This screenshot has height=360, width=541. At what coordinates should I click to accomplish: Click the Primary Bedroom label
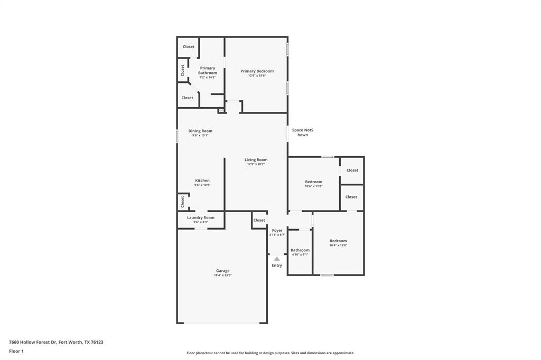coord(257,71)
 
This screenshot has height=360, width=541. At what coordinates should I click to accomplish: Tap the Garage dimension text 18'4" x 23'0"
coord(222,275)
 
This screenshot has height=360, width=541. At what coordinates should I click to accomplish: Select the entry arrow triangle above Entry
coord(277,259)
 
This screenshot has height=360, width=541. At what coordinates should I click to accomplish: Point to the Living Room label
coord(256,159)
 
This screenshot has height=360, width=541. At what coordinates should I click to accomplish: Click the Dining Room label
coord(200,131)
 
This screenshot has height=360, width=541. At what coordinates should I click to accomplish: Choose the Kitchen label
coord(202,181)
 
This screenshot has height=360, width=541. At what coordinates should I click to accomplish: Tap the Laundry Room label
coord(200,217)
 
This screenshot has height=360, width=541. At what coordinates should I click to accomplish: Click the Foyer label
coord(277,230)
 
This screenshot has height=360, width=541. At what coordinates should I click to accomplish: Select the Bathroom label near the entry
coord(300,250)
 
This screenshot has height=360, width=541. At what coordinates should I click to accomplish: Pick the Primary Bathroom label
coord(207,70)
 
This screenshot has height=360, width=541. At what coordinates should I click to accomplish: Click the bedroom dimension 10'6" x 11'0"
coord(313,186)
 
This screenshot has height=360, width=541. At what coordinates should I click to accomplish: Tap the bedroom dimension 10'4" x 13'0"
coord(338,245)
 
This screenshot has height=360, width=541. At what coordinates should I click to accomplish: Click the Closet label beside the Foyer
coord(259,220)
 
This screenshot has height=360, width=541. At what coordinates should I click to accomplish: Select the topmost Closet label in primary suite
coord(188,46)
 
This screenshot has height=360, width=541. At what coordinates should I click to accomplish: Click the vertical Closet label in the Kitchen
coord(182,201)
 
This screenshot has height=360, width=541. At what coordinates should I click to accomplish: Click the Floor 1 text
coord(16,351)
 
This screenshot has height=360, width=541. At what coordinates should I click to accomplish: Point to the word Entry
coord(277,266)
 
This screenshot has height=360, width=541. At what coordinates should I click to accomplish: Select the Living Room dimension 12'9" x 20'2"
coord(256,164)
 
